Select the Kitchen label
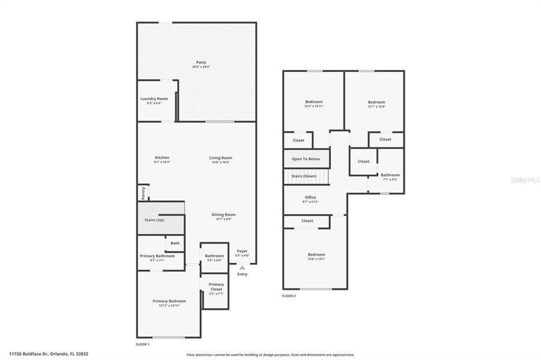162,158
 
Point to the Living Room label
220,158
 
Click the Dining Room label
223,214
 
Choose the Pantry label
144,193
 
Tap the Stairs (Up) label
154,220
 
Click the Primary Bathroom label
157,256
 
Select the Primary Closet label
216,286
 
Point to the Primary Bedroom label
169,301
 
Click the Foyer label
242,251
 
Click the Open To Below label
306,159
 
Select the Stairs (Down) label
304,176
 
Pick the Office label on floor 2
310,197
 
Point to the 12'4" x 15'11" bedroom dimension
314,106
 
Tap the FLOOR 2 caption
289,296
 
